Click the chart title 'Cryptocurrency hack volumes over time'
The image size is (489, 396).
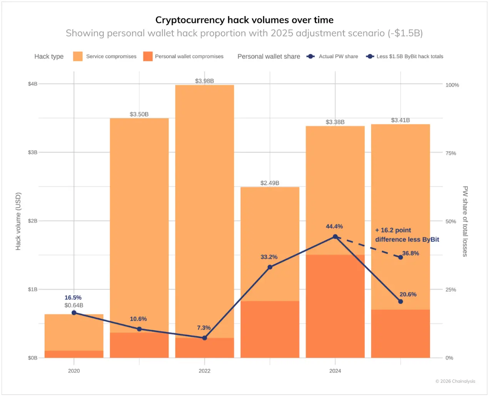(244, 20)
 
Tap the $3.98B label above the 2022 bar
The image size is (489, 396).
(204, 81)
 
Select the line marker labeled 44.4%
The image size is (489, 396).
(335, 237)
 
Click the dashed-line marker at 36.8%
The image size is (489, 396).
(401, 257)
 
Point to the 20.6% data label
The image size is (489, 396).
(408, 294)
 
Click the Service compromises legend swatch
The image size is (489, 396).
(78, 57)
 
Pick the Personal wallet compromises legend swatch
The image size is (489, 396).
(148, 57)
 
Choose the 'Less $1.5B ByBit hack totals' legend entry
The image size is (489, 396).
(410, 57)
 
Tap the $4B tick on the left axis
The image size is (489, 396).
(33, 84)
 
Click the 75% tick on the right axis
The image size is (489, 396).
(451, 153)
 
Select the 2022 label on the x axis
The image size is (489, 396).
(204, 371)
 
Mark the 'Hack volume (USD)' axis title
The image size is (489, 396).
(18, 221)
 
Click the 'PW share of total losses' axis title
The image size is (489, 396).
(465, 221)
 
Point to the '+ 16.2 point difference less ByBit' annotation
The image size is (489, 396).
(407, 235)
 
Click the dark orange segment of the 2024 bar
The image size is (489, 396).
(335, 306)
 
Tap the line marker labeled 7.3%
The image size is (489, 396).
(205, 338)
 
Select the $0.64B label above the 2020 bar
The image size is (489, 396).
(74, 305)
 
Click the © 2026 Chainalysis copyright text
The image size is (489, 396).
(455, 381)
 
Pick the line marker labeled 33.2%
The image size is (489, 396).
(270, 267)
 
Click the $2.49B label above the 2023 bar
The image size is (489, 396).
(270, 183)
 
